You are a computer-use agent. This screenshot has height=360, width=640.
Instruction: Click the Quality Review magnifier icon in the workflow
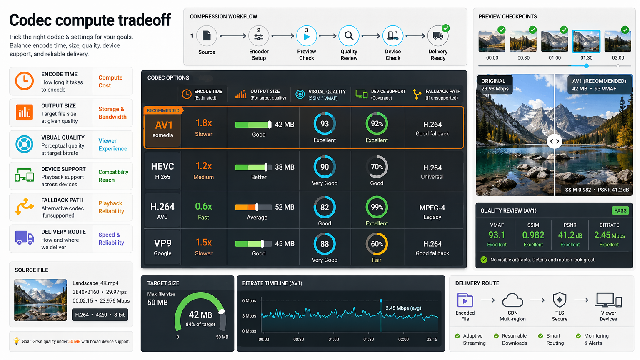click(x=349, y=36)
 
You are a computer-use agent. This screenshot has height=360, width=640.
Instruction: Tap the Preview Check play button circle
click(x=307, y=36)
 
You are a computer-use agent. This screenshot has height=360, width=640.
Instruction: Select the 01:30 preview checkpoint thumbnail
click(x=586, y=41)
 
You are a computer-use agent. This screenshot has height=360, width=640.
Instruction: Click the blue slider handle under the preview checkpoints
click(x=586, y=66)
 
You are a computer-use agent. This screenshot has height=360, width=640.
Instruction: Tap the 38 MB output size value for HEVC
click(x=285, y=167)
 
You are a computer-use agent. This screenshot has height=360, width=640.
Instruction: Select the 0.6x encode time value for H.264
click(x=203, y=206)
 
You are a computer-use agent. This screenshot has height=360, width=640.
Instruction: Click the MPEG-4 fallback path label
click(x=432, y=208)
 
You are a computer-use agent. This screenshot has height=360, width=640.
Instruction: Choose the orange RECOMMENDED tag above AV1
click(x=163, y=110)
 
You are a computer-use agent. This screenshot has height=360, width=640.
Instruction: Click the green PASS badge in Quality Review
click(x=620, y=210)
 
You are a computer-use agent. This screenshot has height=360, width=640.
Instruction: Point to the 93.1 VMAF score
click(x=497, y=235)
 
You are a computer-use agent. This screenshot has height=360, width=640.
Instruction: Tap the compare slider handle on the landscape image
click(x=555, y=141)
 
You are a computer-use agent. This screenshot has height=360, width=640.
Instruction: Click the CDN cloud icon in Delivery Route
click(x=512, y=300)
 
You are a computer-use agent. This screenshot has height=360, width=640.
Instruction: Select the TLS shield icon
click(x=560, y=300)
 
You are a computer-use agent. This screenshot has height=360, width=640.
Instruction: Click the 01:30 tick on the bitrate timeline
click(x=369, y=333)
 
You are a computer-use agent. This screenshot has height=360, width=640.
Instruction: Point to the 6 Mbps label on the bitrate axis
click(x=249, y=300)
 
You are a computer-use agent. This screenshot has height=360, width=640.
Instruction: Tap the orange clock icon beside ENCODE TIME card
click(x=24, y=81)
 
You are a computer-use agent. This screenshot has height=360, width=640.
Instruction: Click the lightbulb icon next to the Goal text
click(x=17, y=341)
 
